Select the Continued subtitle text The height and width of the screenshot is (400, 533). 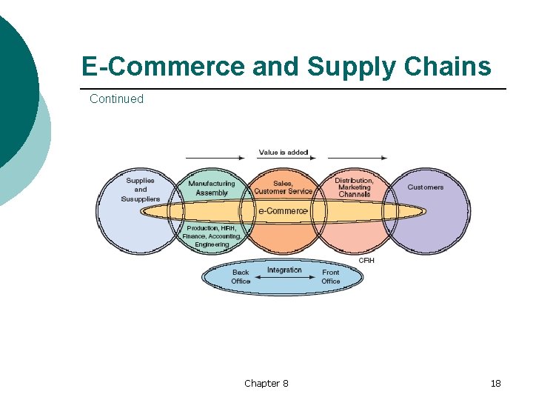(116, 99)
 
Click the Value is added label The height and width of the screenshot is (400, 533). (283, 153)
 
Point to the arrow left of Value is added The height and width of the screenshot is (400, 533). (215, 158)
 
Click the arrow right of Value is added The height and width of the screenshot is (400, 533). (357, 158)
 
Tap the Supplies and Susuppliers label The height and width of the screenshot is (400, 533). (140, 190)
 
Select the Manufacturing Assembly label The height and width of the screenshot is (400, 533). (211, 188)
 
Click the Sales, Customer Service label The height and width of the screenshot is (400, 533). (283, 187)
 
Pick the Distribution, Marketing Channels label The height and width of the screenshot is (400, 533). (354, 187)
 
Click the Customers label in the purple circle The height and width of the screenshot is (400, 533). (425, 187)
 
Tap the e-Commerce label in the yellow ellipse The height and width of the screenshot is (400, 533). (282, 211)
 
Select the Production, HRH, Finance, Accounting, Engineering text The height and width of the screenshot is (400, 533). (212, 236)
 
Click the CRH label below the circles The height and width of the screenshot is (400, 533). (366, 260)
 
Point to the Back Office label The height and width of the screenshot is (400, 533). (241, 277)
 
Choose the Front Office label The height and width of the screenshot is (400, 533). (330, 277)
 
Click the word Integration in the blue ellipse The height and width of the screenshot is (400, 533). (284, 270)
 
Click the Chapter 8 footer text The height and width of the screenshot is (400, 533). (266, 383)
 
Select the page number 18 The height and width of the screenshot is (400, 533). (495, 383)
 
